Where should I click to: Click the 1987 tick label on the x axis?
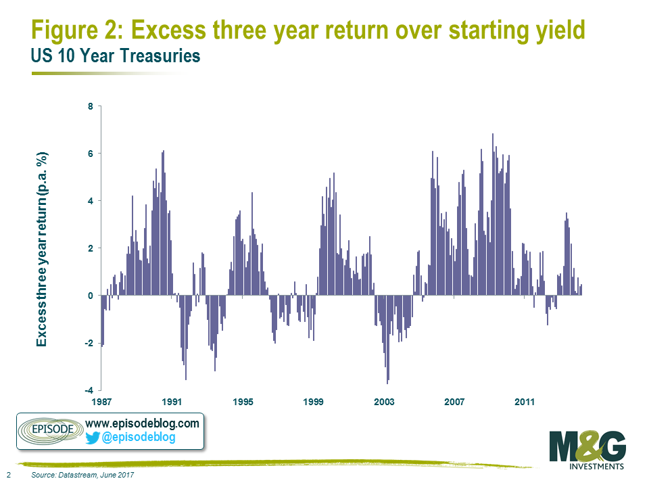[101, 402]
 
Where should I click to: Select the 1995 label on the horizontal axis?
[243, 402]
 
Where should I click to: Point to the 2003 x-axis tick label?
[384, 402]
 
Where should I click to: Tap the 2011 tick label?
[525, 402]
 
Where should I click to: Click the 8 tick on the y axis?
[90, 106]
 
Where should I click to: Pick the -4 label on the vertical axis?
[89, 390]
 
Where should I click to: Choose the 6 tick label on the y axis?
[90, 154]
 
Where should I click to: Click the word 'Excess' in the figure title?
[168, 30]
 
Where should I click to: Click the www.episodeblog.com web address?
[142, 423]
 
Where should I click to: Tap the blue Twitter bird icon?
[93, 438]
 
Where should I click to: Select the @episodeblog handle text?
[138, 438]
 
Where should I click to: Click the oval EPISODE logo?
[51, 430]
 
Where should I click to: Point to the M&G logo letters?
[587, 446]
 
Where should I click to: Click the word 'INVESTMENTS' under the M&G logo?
[596, 466]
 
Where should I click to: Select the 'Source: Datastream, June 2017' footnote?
[82, 475]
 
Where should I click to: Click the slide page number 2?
[8, 475]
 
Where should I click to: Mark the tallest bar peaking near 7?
[493, 214]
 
